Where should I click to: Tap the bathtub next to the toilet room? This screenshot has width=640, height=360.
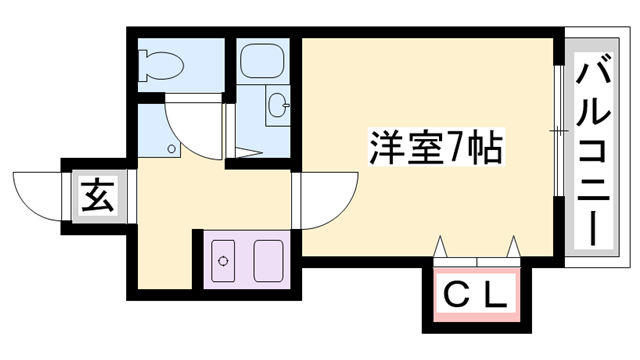point(264,62)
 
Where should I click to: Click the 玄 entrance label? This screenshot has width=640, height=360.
point(96,196)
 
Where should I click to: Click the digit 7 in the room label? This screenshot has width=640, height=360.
point(456,151)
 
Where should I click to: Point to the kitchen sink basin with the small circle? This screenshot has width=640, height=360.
point(226,261)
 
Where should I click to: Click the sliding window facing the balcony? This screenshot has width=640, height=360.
point(557,131)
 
